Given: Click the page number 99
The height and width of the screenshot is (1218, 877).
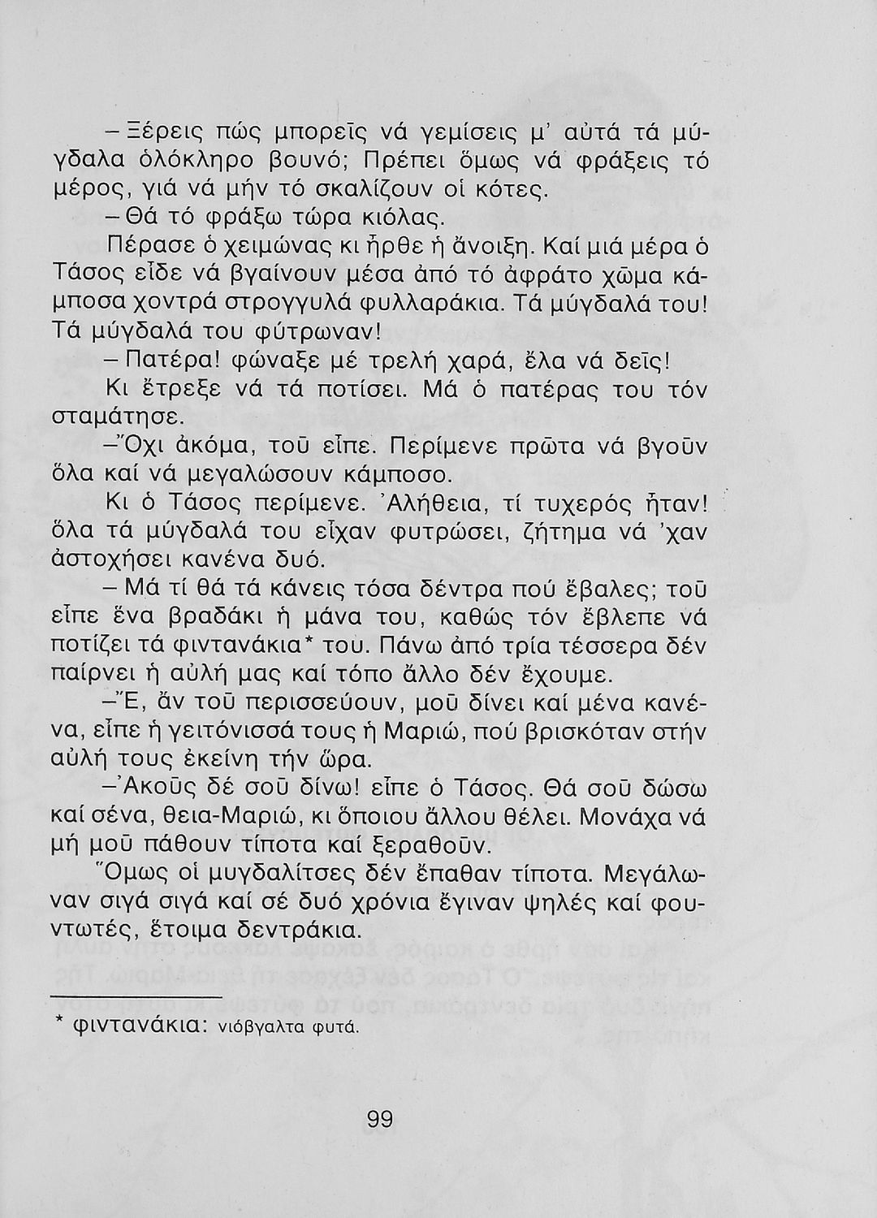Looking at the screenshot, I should pos(380,1120).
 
